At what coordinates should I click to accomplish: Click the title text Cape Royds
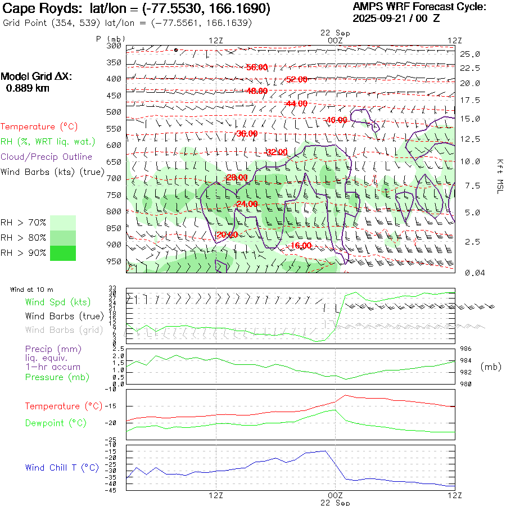pos(43,9)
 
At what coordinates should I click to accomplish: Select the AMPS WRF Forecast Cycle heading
pos(419,7)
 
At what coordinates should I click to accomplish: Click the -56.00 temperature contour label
pos(257,67)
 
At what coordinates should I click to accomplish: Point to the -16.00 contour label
pos(301,246)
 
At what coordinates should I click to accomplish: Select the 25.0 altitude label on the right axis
pos(470,54)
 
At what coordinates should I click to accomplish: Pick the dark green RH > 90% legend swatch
pos(63,253)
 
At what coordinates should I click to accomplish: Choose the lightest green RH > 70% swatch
pos(63,223)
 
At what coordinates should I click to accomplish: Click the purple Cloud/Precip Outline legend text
pos(47,157)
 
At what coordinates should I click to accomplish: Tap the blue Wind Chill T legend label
pos(62,467)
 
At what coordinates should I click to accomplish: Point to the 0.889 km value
pos(28,88)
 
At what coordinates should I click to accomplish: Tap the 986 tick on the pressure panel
pos(466,349)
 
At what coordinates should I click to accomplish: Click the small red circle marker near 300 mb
pos(176,50)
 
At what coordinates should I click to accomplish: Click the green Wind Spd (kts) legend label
pos(57,302)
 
